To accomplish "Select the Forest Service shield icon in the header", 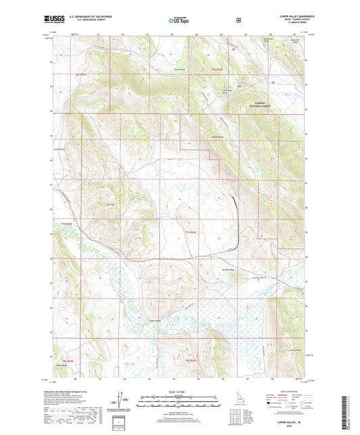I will click(238, 20).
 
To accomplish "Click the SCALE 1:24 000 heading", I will click(179, 391).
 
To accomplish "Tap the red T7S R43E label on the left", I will click(66, 222).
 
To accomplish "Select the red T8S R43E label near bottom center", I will click(191, 361).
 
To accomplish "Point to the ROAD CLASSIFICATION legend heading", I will click(287, 391).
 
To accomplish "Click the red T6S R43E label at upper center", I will click(217, 70).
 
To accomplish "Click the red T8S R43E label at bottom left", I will click(66, 361).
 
